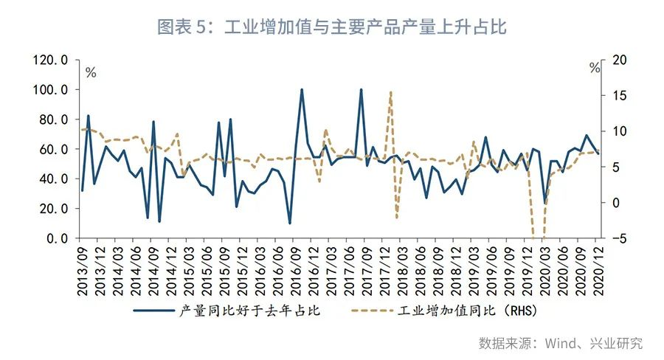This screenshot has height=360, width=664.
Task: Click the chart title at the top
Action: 332,27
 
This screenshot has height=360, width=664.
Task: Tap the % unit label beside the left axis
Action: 91,72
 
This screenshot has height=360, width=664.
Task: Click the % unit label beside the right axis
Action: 595,69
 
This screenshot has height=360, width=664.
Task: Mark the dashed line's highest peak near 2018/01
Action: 390,92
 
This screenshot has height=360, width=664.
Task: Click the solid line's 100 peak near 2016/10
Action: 302,90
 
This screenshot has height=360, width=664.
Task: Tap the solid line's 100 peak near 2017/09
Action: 361,90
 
